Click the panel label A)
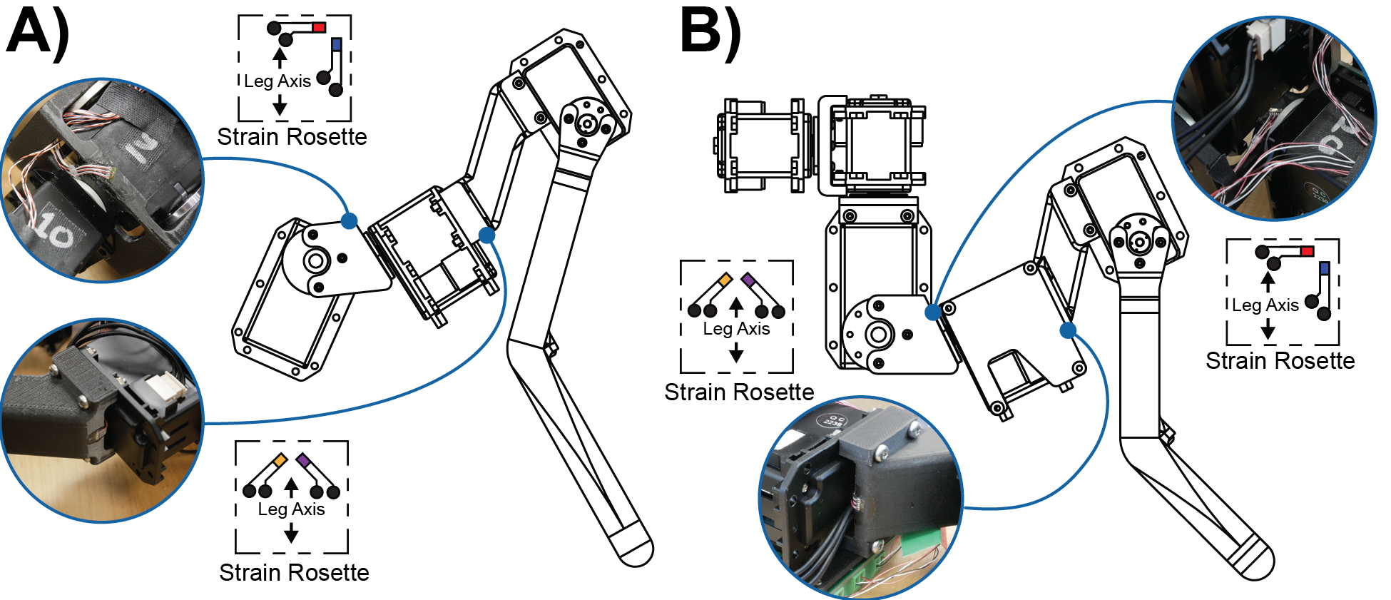pos(37,34)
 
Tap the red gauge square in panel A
pos(319,27)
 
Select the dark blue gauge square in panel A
pos(337,44)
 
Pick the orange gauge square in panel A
pos(280,460)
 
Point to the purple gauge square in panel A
pos(303,460)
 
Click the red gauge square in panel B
pos(1307,251)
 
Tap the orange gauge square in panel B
pos(725,280)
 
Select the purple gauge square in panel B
pos(748,280)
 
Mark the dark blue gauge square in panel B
pos(1325,268)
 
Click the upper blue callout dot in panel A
pos(349,220)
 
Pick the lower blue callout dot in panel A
pos(486,235)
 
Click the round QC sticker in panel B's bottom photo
pos(832,420)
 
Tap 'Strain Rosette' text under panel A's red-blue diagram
pos(292,136)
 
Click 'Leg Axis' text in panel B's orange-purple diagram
pos(736,329)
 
